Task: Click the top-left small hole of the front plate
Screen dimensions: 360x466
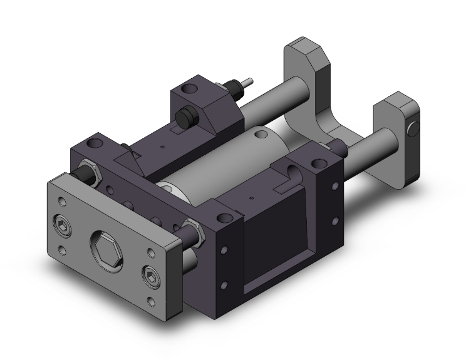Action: coord(61,201)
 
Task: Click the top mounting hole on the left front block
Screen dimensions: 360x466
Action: coord(97,143)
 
